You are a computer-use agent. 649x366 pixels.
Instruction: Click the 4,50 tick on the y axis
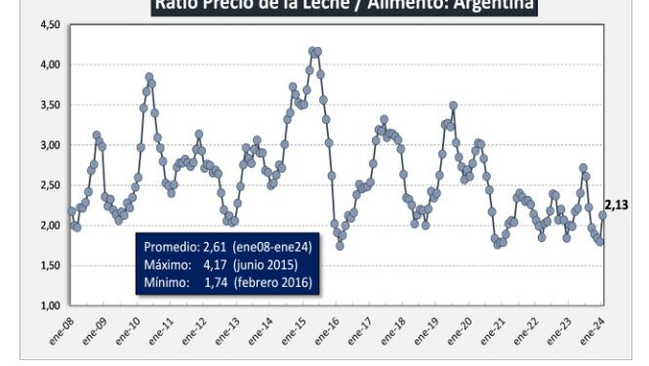pos(50,24)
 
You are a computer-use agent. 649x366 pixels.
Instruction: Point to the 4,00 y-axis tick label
pos(50,64)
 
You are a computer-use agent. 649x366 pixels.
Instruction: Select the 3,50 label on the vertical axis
pos(50,104)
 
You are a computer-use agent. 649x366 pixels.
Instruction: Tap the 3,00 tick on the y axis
pos(50,144)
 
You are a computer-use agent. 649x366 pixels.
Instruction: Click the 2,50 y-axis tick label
pos(50,185)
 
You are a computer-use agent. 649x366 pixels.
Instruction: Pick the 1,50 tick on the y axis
pos(50,265)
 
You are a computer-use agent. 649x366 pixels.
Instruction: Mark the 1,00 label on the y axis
pos(50,305)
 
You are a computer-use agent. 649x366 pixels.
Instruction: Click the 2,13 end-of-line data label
pos(617,205)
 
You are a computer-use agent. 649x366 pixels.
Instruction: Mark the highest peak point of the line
pos(312,51)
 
